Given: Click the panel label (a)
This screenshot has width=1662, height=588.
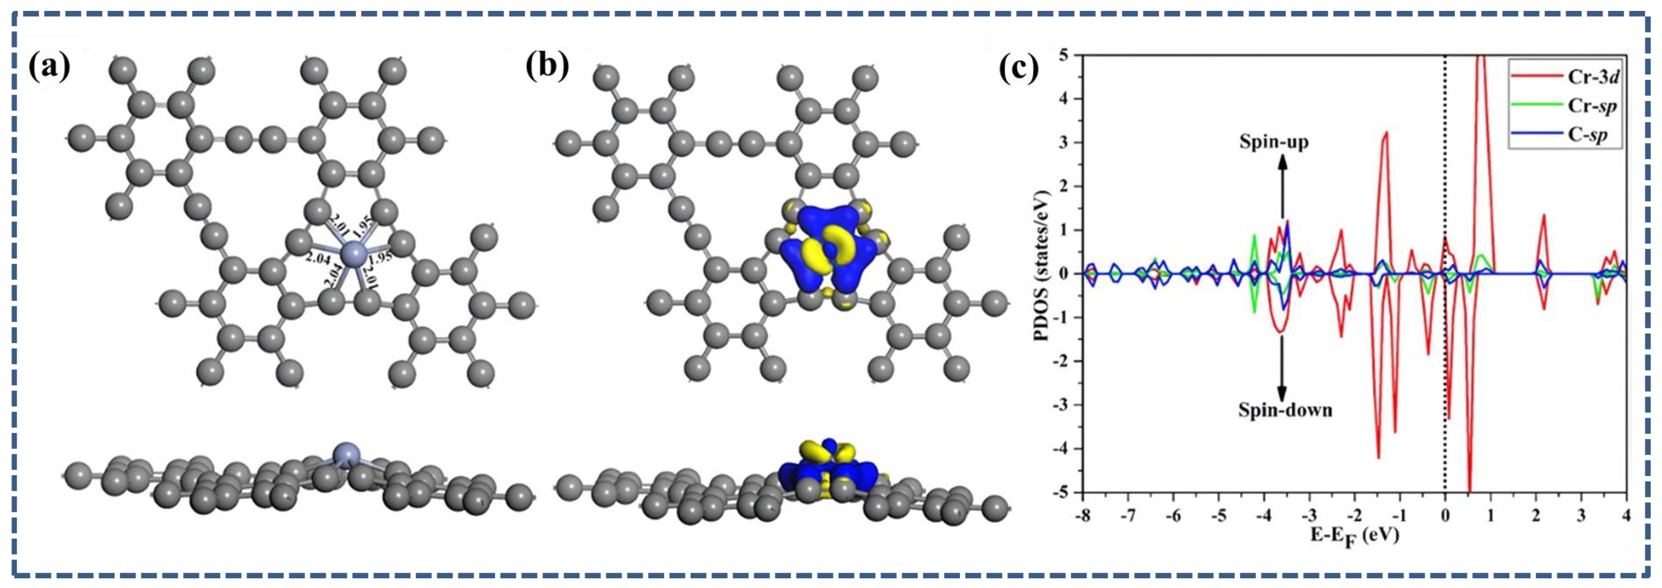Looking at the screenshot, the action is click(50, 67).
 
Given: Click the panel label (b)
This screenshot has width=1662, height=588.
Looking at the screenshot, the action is click(547, 67).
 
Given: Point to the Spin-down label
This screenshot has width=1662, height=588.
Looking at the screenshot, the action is click(1285, 409).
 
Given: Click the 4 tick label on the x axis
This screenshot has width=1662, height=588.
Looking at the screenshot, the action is click(1626, 515).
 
